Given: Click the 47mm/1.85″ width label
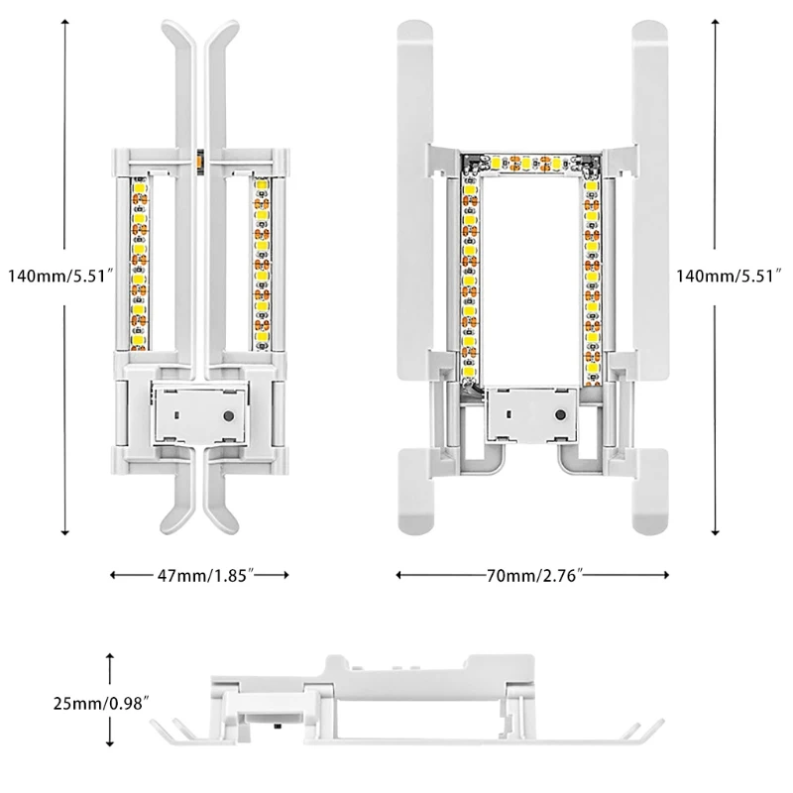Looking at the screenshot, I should pyautogui.click(x=198, y=574).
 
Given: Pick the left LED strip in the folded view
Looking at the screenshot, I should pyautogui.click(x=139, y=263).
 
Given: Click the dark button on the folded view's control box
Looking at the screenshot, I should pyautogui.click(x=231, y=417).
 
